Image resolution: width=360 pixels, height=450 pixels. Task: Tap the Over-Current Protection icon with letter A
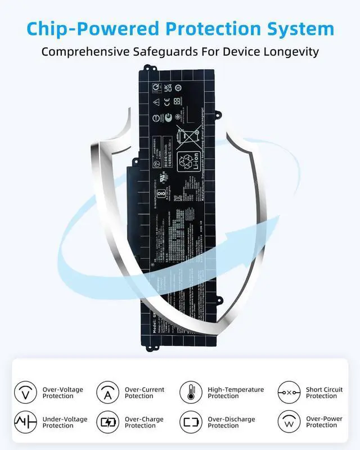(x=107, y=392)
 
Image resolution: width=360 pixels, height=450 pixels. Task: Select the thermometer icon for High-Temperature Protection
(x=191, y=392)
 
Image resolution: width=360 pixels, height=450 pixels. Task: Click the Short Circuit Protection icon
(x=289, y=392)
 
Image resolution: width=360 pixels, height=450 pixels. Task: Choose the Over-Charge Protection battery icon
(x=107, y=422)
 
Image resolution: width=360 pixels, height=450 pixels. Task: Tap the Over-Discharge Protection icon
(x=191, y=422)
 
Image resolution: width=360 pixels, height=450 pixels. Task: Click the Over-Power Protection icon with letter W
(x=289, y=422)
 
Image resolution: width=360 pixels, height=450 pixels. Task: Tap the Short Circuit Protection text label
(x=324, y=393)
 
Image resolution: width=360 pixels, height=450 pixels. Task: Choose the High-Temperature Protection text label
(x=236, y=393)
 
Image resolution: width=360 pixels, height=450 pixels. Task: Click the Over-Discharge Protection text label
(x=231, y=422)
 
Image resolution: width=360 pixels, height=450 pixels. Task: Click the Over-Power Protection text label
(x=324, y=422)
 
